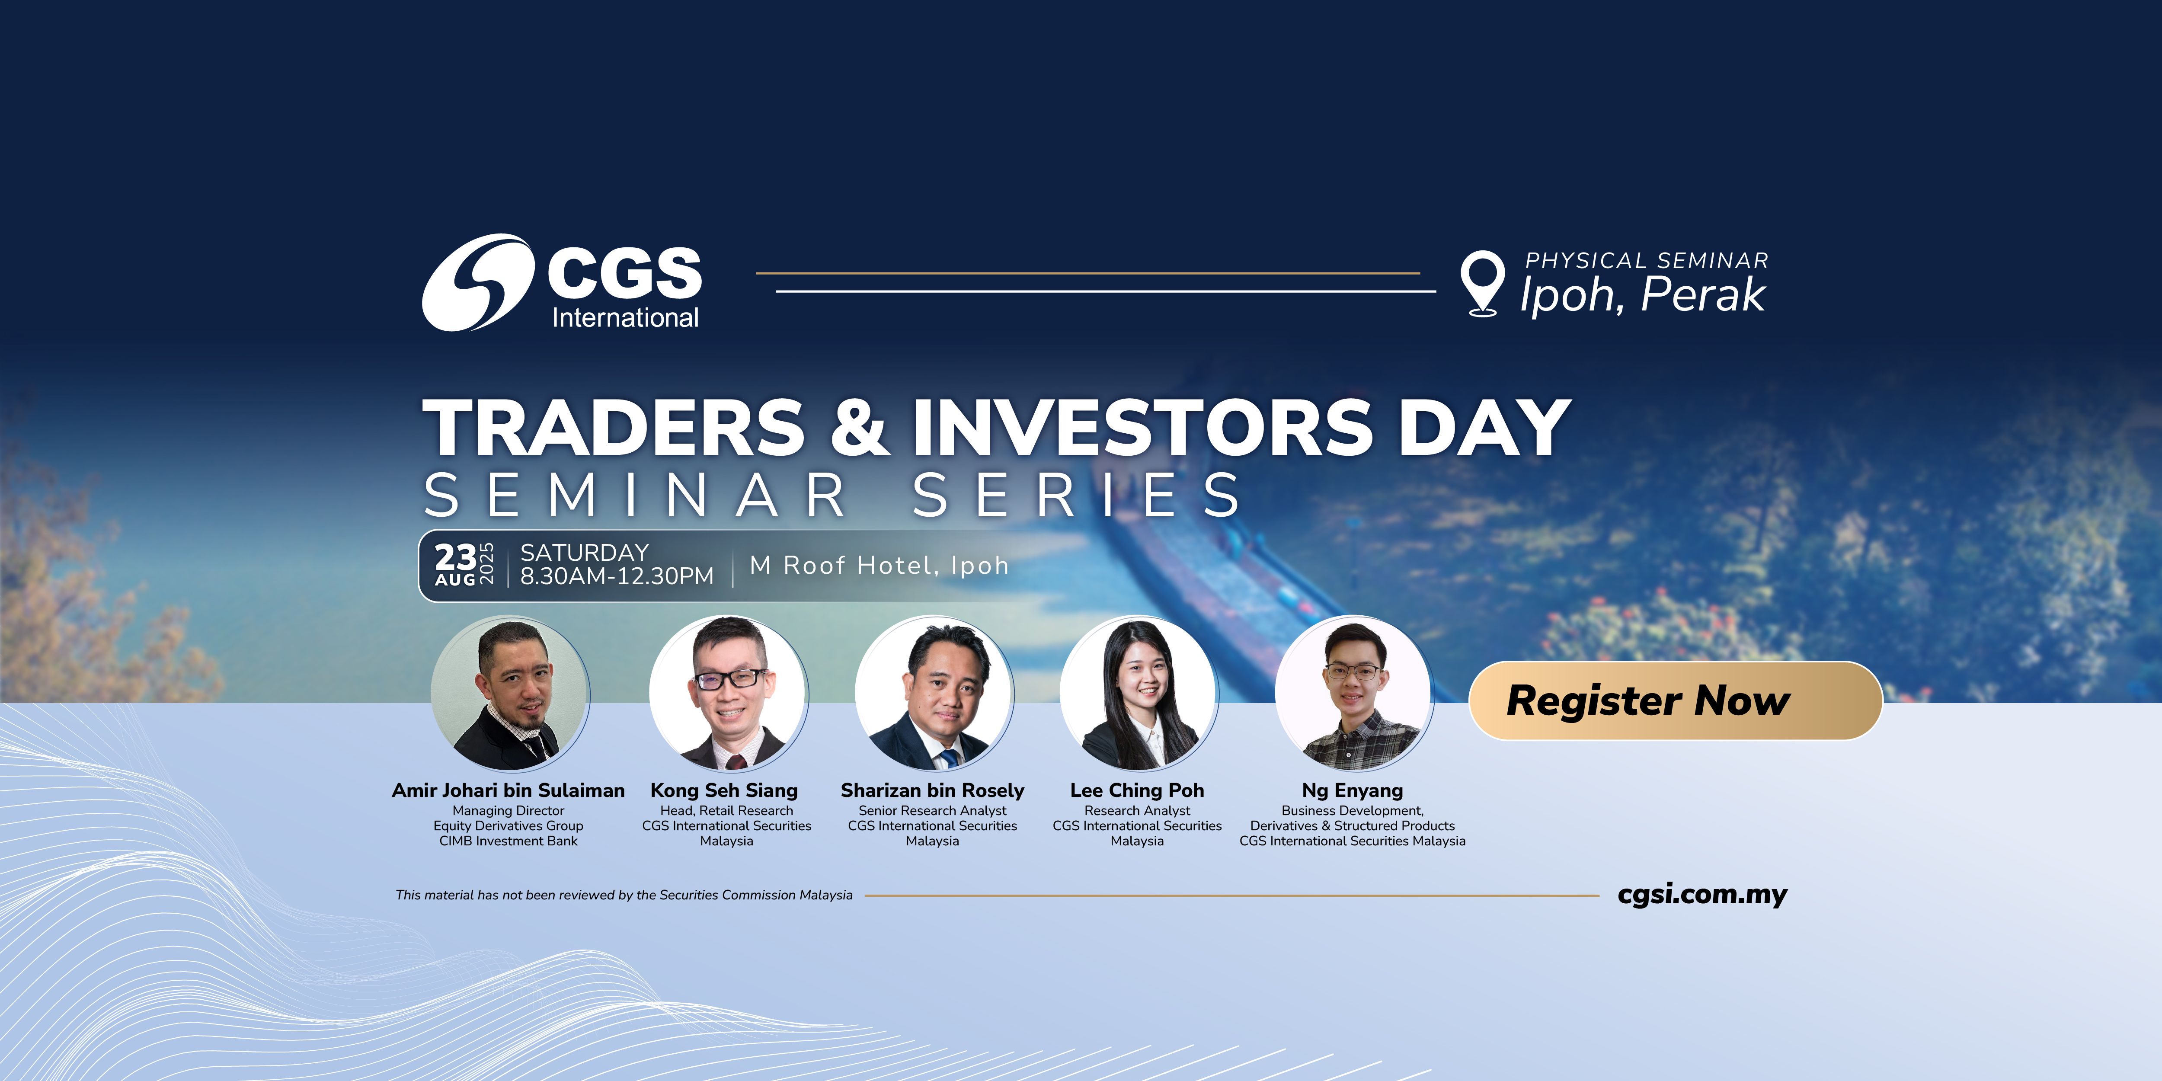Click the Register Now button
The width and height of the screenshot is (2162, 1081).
(1674, 701)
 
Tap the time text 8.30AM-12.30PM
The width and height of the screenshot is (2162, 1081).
(617, 576)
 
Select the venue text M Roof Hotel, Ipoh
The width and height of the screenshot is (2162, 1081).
(879, 566)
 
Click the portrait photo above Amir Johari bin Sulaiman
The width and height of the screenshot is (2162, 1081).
(509, 694)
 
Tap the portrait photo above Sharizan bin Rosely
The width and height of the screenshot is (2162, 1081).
(933, 694)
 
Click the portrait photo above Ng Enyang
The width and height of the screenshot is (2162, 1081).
(1353, 694)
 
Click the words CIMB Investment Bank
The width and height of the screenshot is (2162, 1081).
(509, 841)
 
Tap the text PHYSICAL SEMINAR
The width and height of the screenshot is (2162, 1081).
(1647, 261)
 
